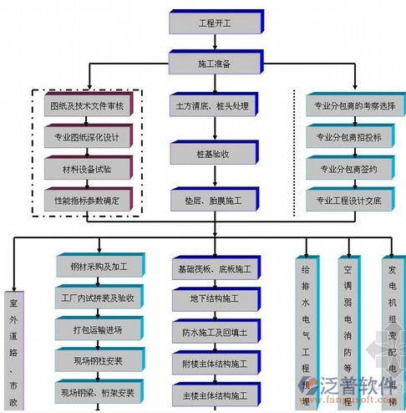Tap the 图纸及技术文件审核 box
[x=92, y=106]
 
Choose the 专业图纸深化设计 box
[x=92, y=138]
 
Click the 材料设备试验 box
[x=92, y=169]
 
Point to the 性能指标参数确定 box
[x=92, y=199]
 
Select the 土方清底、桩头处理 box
[x=214, y=106]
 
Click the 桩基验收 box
[x=214, y=154]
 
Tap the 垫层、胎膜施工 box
[x=214, y=201]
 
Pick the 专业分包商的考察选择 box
[x=347, y=106]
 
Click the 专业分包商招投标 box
[x=347, y=137]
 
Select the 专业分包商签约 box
[x=347, y=169]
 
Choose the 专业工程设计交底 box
[x=347, y=200]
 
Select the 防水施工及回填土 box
[x=214, y=332]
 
